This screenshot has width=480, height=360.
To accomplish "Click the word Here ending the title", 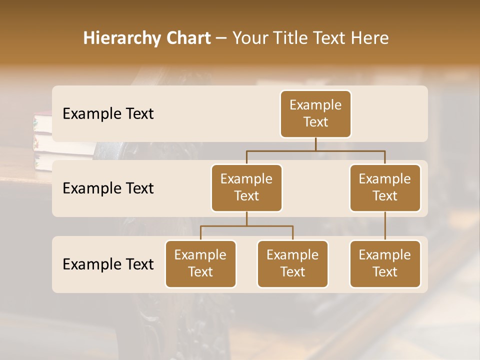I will pyautogui.click(x=369, y=38).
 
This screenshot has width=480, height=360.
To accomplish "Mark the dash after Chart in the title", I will pyautogui.click(x=221, y=39).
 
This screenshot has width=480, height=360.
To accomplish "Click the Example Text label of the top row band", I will pyautogui.click(x=108, y=114).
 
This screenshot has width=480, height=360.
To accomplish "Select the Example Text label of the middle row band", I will pyautogui.click(x=108, y=188).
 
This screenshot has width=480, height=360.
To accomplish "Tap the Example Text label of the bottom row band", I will pyautogui.click(x=108, y=264).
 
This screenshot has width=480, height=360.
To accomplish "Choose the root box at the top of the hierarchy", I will pyautogui.click(x=315, y=114).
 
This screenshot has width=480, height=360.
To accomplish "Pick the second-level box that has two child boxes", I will pyautogui.click(x=246, y=188).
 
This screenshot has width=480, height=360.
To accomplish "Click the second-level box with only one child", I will pyautogui.click(x=385, y=188).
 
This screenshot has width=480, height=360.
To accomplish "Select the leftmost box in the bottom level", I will pyautogui.click(x=200, y=264).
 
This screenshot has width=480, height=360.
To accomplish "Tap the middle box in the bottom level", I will pyautogui.click(x=292, y=264).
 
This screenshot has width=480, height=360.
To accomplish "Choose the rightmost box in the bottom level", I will pyautogui.click(x=385, y=264).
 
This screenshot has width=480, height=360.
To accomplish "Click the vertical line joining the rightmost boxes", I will pyautogui.click(x=385, y=226).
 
